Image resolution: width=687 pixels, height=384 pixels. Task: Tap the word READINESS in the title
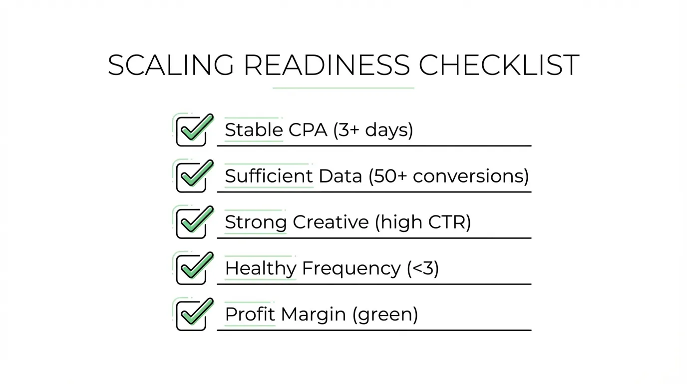pos(327,65)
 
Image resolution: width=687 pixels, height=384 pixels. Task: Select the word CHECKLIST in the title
pos(499,65)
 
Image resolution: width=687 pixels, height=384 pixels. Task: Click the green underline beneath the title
pos(343,88)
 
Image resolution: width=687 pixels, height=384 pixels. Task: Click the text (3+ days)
pos(373,130)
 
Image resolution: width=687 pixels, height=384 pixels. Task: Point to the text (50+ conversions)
pos(448,176)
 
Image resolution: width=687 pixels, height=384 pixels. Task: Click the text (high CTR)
pos(423,222)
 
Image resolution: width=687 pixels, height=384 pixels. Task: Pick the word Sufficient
pos(269,176)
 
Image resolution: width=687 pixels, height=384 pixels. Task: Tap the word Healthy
pos(260,268)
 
